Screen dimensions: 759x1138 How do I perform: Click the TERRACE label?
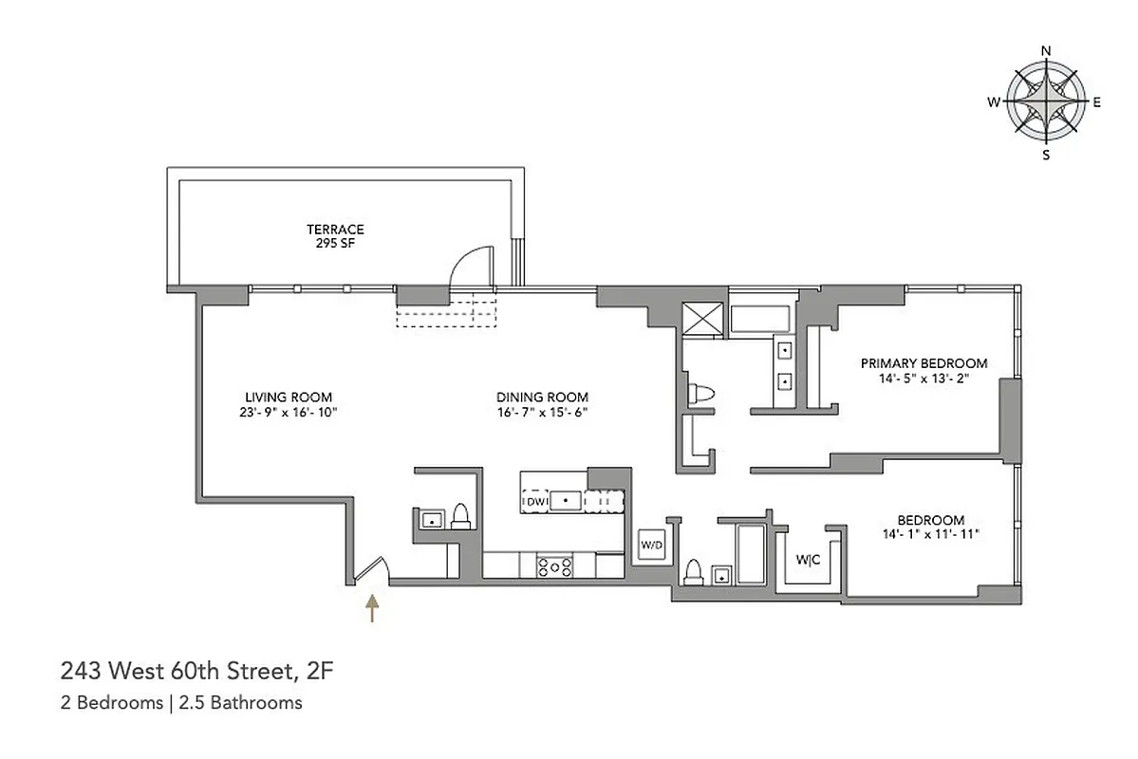tap(335, 230)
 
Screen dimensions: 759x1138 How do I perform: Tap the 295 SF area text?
tap(335, 243)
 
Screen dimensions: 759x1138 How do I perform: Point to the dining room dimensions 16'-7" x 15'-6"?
tap(542, 412)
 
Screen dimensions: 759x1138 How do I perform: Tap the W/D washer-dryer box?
tap(651, 546)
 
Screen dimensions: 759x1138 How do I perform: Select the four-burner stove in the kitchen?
tap(555, 565)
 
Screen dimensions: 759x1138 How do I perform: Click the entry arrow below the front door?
tap(372, 607)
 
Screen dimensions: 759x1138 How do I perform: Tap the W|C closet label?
tap(809, 560)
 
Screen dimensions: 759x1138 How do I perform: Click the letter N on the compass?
tap(1046, 50)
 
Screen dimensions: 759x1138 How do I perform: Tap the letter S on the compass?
tap(1046, 156)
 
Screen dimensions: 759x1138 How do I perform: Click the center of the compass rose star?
tap(1046, 102)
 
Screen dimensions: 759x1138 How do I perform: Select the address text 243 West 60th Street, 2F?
tap(197, 673)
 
